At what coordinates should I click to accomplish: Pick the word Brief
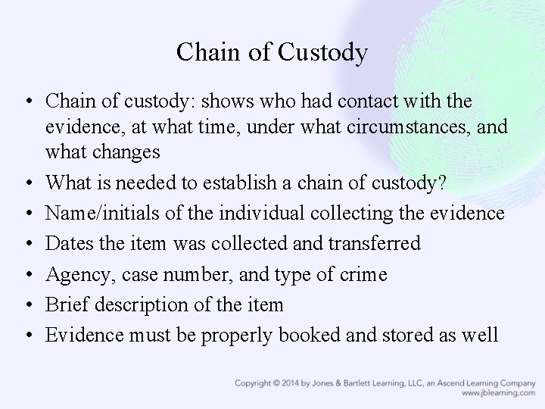(65, 305)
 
